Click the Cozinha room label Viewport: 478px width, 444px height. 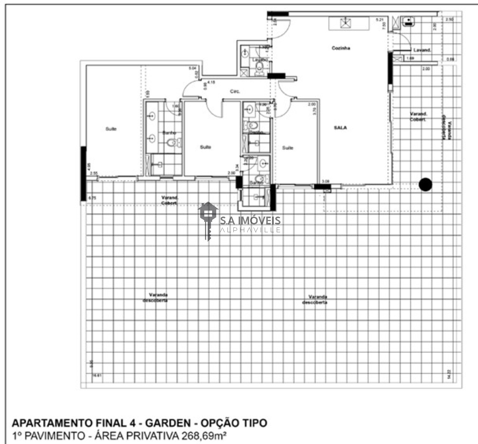(341, 48)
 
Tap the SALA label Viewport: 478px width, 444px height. (340, 128)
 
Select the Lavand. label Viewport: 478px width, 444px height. (422, 50)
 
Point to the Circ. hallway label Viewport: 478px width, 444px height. (235, 91)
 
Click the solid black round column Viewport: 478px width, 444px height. (425, 184)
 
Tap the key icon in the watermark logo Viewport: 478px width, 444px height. (208, 220)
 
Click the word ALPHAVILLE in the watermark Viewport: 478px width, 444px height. (250, 230)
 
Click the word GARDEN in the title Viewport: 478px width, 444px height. (168, 423)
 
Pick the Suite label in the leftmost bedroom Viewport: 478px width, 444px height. (111, 129)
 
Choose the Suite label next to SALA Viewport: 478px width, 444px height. (287, 148)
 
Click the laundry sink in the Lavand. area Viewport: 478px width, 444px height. (409, 21)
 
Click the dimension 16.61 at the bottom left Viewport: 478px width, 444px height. (97, 376)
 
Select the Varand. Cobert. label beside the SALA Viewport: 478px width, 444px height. (419, 117)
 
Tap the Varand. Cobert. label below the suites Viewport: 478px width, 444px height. (169, 200)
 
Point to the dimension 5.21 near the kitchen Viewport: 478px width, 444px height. (379, 19)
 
